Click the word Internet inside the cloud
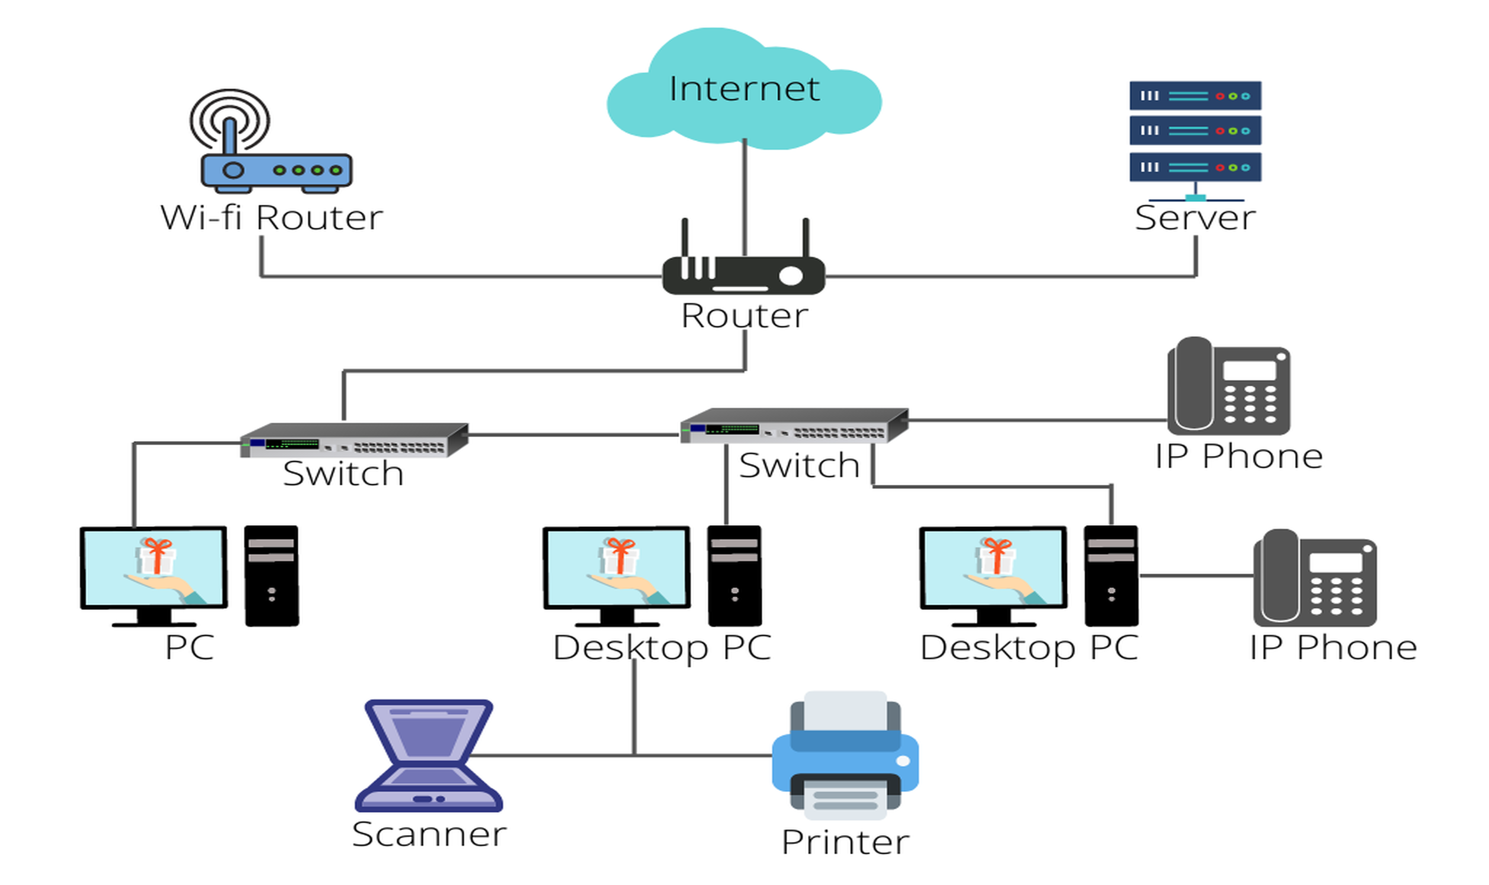(x=744, y=89)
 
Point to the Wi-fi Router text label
(x=271, y=218)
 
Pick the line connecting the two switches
(x=572, y=435)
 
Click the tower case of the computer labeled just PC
(x=271, y=576)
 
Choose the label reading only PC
(x=190, y=647)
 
